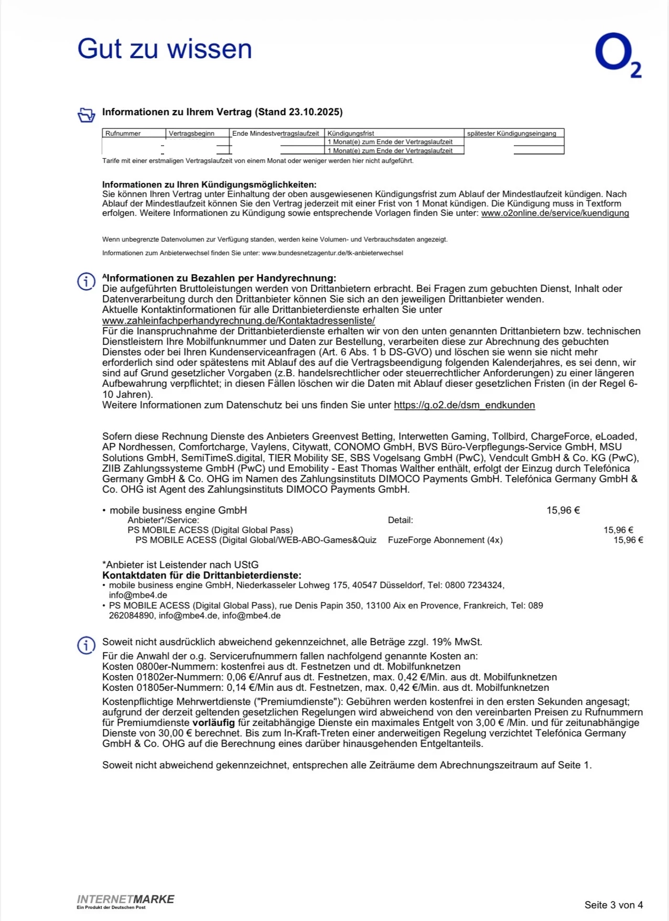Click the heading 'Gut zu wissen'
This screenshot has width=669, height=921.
point(165,49)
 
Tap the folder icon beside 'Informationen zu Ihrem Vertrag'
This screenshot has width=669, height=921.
point(87,114)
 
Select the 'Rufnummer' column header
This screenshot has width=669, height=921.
point(123,134)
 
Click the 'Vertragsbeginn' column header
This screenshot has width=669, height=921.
point(191,134)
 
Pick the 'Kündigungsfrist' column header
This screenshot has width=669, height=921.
point(351,134)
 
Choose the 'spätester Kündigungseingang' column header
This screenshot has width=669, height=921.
point(511,134)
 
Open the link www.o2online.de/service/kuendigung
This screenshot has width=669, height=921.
point(555,213)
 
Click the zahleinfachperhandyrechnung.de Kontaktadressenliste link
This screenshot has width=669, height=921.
point(239,320)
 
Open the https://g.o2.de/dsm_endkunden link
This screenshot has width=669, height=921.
point(464,405)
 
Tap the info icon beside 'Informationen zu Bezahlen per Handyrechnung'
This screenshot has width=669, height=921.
point(87,281)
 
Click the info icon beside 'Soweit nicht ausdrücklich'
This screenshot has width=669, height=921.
point(87,645)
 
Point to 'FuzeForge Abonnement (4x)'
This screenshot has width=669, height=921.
point(445,540)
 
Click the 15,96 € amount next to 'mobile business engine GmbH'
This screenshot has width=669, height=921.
point(563,510)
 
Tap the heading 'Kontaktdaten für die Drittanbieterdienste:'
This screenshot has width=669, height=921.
point(201,575)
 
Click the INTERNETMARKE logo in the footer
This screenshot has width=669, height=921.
point(125,900)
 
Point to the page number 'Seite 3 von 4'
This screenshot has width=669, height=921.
point(613,905)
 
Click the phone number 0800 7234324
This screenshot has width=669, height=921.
point(473,585)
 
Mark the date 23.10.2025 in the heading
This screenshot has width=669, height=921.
point(317,112)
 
